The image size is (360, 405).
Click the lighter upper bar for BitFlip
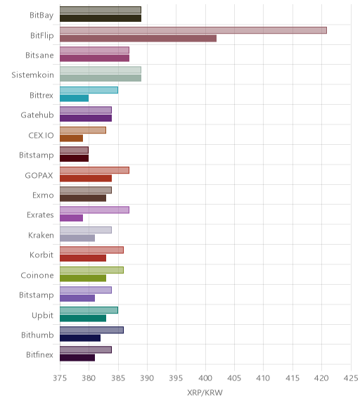(x=193, y=30)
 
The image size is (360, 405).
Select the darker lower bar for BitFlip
(x=138, y=39)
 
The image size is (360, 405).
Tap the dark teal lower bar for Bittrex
(x=74, y=98)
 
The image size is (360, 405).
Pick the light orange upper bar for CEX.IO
(x=83, y=130)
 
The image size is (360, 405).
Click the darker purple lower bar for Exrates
(x=71, y=218)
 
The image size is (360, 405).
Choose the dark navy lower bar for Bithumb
(x=80, y=337)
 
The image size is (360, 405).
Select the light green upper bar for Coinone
(x=91, y=270)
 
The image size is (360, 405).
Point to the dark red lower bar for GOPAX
(x=86, y=178)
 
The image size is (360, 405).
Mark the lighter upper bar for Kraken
(x=86, y=230)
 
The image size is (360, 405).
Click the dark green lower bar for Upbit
(x=83, y=319)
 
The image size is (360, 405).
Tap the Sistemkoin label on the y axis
(x=33, y=75)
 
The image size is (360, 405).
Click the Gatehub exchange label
(x=37, y=115)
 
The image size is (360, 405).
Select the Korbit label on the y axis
(x=41, y=255)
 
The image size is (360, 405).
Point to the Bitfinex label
(x=40, y=354)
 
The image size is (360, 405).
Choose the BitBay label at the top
(x=41, y=15)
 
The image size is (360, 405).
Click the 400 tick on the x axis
(x=205, y=378)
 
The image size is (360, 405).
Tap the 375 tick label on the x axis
(x=60, y=378)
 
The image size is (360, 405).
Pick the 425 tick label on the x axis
(x=351, y=378)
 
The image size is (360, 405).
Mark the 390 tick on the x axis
(x=147, y=378)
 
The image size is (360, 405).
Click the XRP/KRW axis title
(x=205, y=392)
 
